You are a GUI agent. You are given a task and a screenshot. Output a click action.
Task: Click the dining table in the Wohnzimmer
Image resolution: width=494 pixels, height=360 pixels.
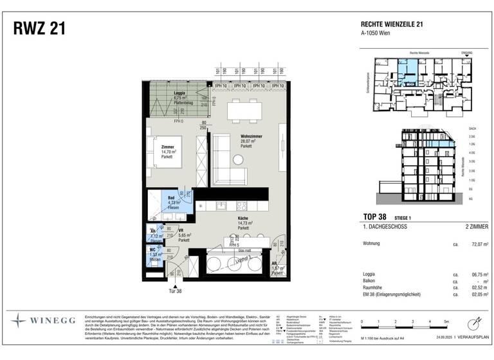[x=245, y=113]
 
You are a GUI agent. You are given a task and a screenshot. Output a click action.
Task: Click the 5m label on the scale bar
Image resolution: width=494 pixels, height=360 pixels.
[x=444, y=320]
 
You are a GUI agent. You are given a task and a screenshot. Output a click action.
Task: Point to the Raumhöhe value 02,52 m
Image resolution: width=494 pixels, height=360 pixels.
[x=474, y=287]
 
